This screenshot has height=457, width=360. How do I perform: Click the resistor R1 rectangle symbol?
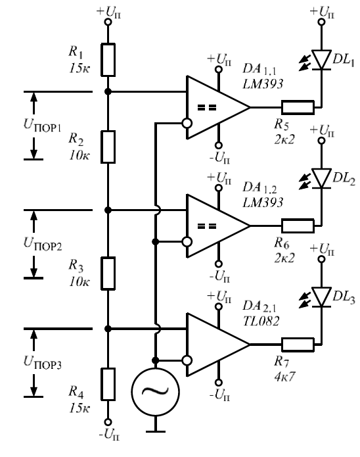(x=108, y=60)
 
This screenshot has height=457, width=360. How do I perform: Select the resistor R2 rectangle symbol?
(x=108, y=147)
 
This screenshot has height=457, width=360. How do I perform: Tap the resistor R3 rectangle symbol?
(x=108, y=273)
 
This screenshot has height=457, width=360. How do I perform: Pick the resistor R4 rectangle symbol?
(x=108, y=384)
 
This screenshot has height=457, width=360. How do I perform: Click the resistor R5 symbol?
(x=298, y=107)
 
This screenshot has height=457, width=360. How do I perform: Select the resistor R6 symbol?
(x=298, y=226)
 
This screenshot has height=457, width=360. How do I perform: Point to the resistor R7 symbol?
(x=298, y=345)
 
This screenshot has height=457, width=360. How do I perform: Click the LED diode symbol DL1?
(x=321, y=60)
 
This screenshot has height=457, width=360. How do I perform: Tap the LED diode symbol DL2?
(x=321, y=178)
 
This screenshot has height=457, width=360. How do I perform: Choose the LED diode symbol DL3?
(x=321, y=297)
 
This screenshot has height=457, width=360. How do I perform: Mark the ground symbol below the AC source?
(x=155, y=431)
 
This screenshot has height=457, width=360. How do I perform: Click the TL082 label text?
(x=261, y=321)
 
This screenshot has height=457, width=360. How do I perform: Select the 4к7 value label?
(x=284, y=377)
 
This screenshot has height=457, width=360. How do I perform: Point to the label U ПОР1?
(x=42, y=126)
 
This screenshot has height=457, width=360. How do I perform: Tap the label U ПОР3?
(x=42, y=362)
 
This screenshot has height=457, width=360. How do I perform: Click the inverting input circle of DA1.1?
(x=187, y=123)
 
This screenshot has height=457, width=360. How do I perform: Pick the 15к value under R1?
(x=79, y=69)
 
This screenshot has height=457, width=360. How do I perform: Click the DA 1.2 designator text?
(x=259, y=187)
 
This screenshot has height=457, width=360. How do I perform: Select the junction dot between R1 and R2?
(x=108, y=91)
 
